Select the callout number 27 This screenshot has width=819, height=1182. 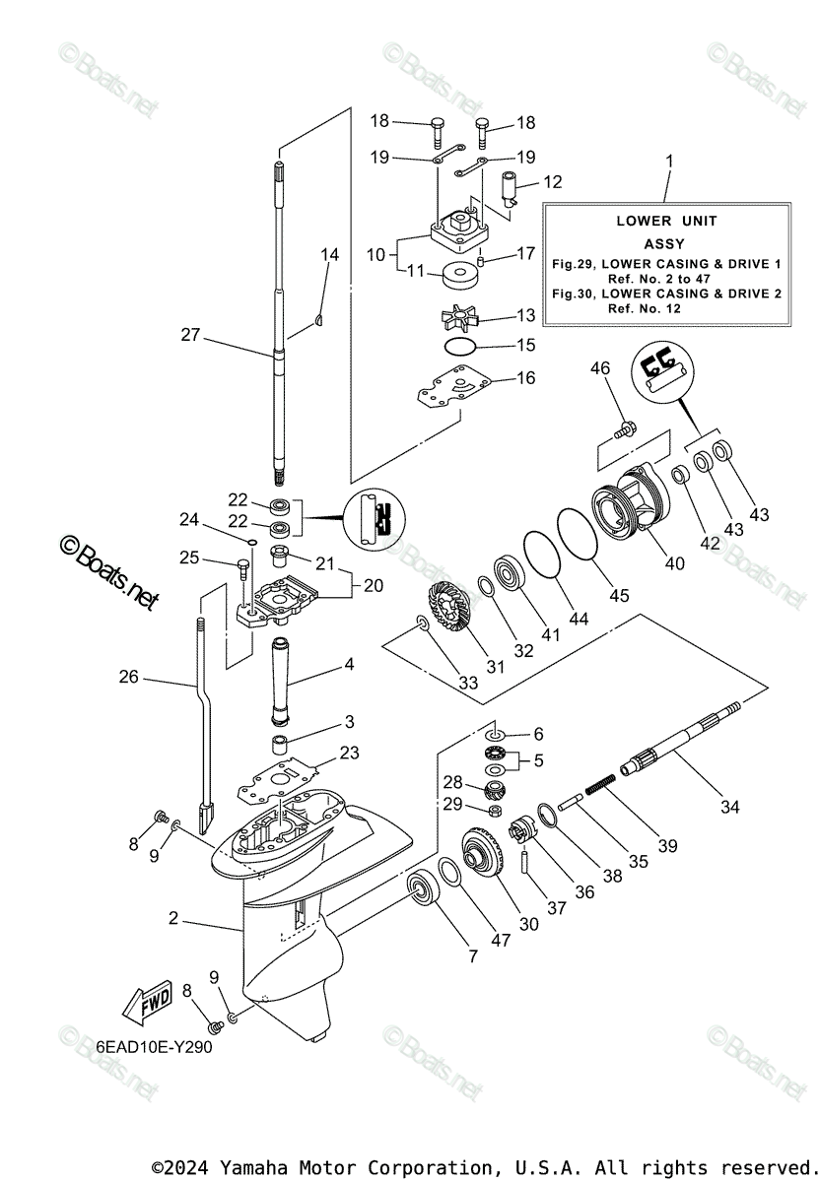tap(190, 335)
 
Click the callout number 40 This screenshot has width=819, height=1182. tap(675, 563)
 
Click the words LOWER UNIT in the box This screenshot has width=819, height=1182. tap(667, 221)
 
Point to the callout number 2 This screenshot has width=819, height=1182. tap(173, 918)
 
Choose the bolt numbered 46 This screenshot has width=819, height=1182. tap(623, 429)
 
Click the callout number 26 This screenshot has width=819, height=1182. tap(129, 678)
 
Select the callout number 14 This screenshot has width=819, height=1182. tap(329, 254)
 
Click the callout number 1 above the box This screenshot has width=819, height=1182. tap(669, 160)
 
